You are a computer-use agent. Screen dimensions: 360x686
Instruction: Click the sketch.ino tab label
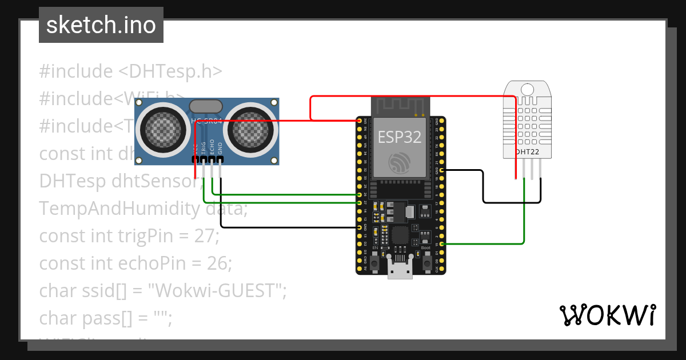[x=101, y=25]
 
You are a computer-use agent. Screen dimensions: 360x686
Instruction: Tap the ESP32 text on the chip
[x=400, y=137]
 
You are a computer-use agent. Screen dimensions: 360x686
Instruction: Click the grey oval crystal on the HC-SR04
[x=205, y=106]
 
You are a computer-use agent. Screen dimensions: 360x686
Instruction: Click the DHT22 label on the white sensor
[x=527, y=153]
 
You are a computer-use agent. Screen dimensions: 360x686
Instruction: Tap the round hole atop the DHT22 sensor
[x=527, y=89]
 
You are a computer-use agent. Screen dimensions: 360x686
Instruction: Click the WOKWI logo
[x=607, y=315]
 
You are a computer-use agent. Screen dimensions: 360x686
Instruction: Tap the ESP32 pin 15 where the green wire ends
[x=442, y=244]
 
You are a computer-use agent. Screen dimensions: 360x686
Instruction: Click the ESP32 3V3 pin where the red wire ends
[x=359, y=121]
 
